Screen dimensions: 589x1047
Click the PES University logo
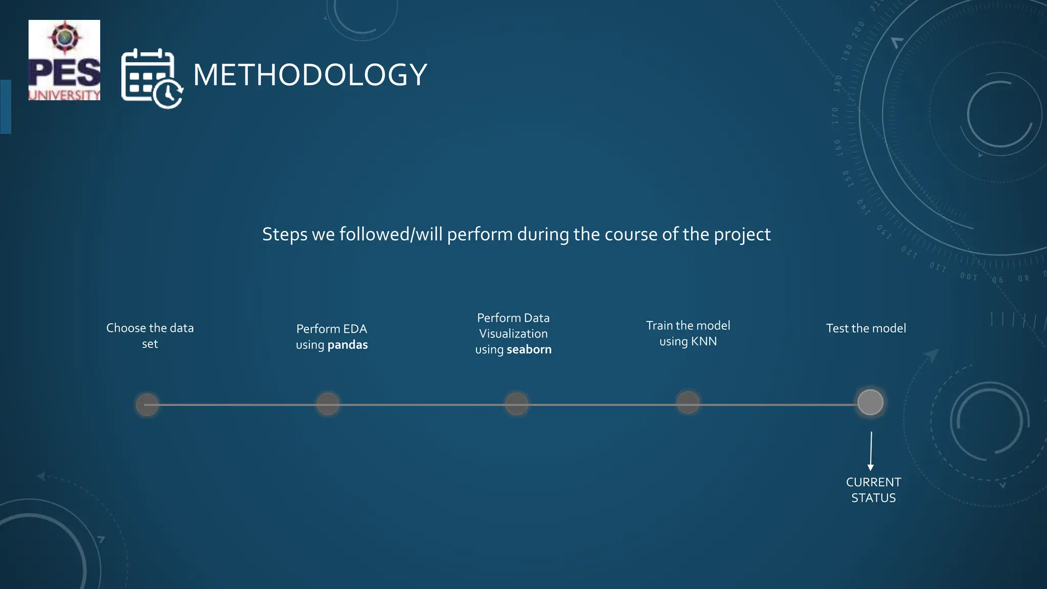pyautogui.click(x=64, y=60)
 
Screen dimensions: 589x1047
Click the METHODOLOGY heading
pyautogui.click(x=310, y=75)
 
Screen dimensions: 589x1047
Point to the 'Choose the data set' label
pyautogui.click(x=150, y=335)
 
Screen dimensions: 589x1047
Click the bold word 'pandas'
pyautogui.click(x=348, y=345)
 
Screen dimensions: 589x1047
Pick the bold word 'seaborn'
pyautogui.click(x=529, y=350)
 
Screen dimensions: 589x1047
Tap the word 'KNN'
pyautogui.click(x=704, y=342)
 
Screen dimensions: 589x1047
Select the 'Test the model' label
pyautogui.click(x=866, y=328)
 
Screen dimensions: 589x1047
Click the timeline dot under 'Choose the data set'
pyautogui.click(x=147, y=404)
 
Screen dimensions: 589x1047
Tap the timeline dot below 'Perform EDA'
pyautogui.click(x=328, y=404)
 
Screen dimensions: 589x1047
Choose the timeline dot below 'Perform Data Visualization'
pyautogui.click(x=516, y=404)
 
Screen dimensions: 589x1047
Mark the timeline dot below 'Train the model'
pyautogui.click(x=688, y=402)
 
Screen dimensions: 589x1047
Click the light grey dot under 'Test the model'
pyautogui.click(x=870, y=402)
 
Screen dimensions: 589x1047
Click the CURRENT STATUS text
pyautogui.click(x=873, y=490)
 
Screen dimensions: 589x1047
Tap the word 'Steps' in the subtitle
pyautogui.click(x=285, y=235)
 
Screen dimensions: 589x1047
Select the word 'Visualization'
pyautogui.click(x=513, y=334)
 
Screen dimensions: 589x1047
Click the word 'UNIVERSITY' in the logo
pyautogui.click(x=64, y=95)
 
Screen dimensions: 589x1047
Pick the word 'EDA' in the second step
pyautogui.click(x=355, y=329)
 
